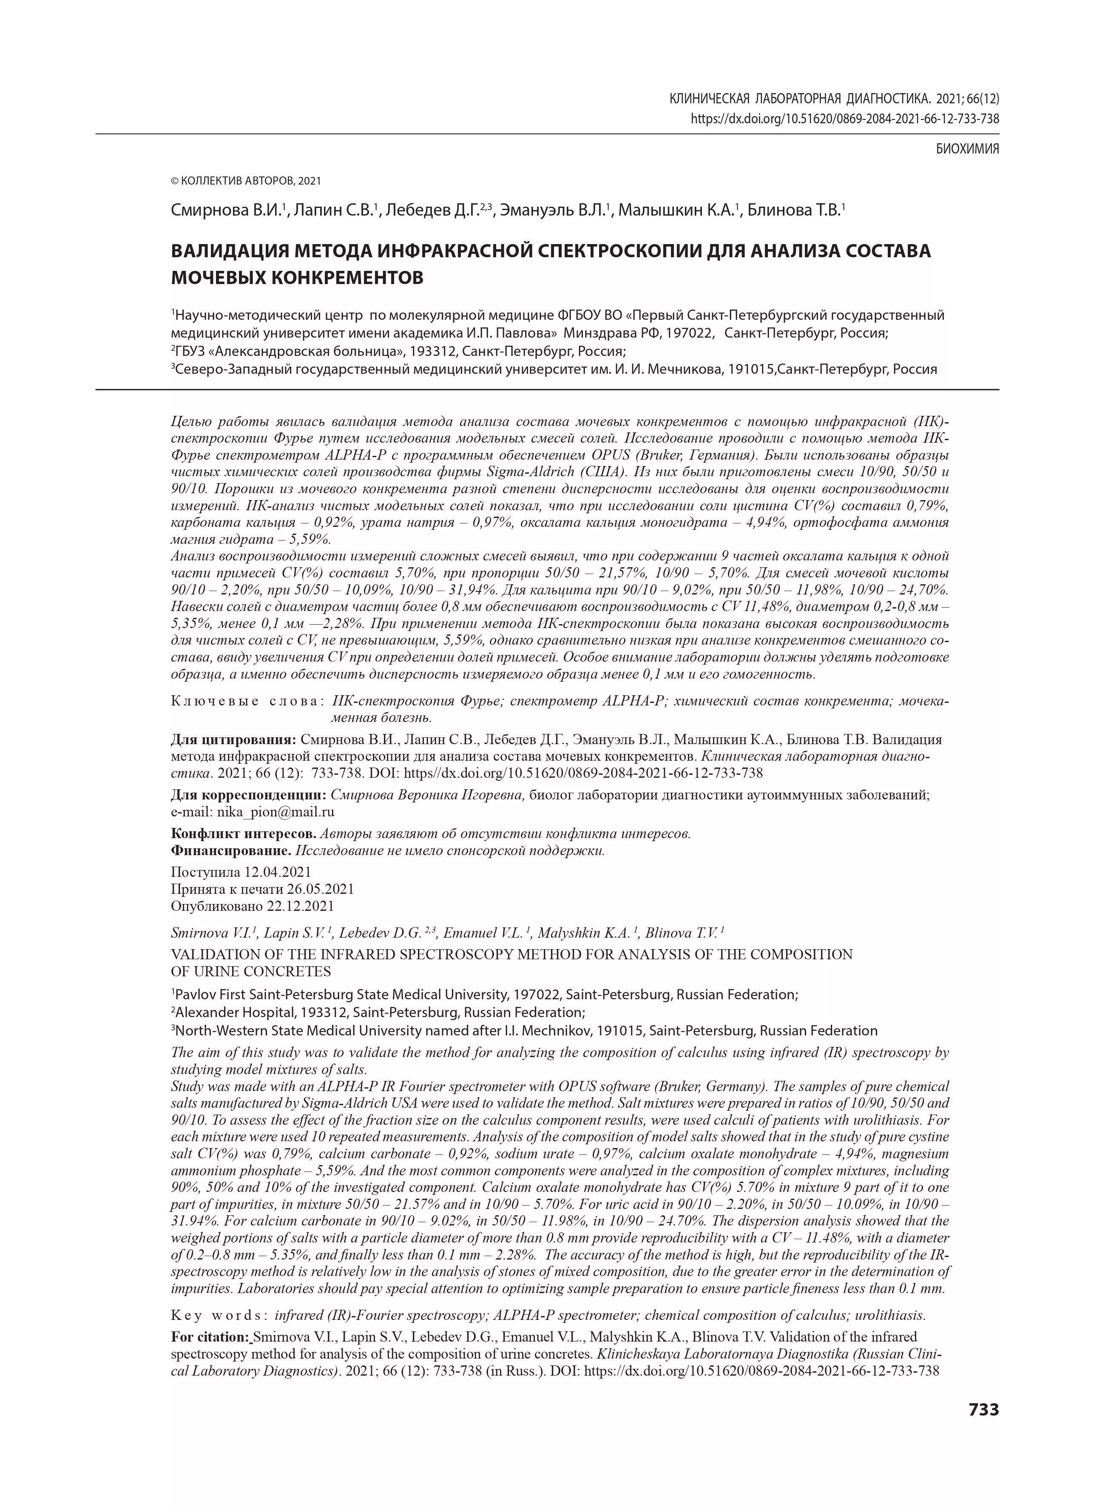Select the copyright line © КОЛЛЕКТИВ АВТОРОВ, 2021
coord(246,181)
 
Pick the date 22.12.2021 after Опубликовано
coord(300,906)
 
